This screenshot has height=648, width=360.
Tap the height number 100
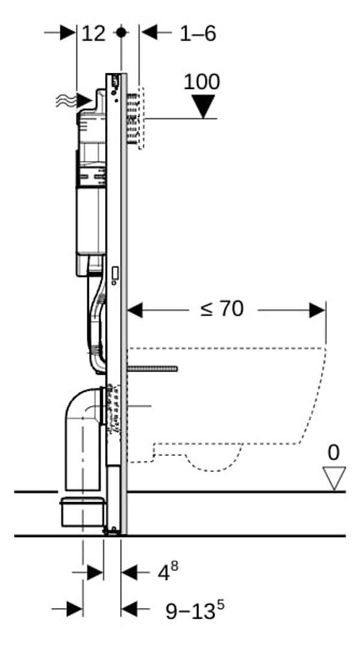click(x=202, y=82)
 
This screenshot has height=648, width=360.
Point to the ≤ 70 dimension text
click(x=222, y=310)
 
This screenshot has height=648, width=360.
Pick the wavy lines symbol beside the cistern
click(x=68, y=100)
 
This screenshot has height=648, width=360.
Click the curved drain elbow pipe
click(x=81, y=420)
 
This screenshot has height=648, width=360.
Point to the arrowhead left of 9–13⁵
click(x=129, y=609)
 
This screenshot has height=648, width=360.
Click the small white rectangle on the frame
click(x=114, y=275)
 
